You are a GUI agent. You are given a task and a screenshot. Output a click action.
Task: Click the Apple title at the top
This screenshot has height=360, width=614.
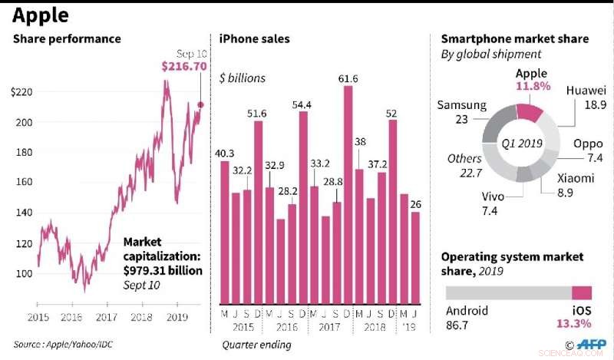point(39,16)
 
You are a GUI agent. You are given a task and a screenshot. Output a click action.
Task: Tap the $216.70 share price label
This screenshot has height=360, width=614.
point(184,67)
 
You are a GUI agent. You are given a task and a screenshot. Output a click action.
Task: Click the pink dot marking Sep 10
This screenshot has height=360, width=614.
point(201,104)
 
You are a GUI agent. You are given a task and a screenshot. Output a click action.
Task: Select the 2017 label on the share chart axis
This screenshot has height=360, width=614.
point(106,316)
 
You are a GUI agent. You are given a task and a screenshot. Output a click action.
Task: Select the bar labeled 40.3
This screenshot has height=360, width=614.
point(224,232)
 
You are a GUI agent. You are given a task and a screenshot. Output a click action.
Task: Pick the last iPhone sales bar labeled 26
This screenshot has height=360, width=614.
point(415,257)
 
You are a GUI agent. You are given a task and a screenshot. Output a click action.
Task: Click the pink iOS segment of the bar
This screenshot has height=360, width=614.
point(583,292)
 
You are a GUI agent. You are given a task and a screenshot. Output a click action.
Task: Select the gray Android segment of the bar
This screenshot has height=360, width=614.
point(509,292)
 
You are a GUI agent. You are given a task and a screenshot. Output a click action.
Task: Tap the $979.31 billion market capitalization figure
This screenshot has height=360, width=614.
point(162,270)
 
